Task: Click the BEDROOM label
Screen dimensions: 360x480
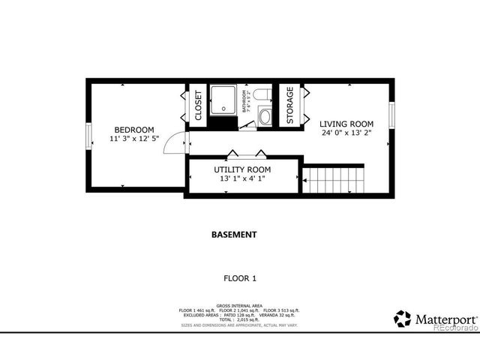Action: pos(134,129)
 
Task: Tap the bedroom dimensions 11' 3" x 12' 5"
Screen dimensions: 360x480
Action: pos(134,139)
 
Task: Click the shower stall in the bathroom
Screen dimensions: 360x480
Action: pos(223,100)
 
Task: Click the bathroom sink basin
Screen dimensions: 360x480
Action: pos(265,116)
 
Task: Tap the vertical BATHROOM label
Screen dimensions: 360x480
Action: pos(244,104)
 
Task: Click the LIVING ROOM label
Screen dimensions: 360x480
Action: pos(346,124)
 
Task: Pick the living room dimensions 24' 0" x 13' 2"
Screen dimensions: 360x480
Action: pos(346,133)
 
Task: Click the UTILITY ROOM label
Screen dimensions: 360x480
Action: pos(242,169)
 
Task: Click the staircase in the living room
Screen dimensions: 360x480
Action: pos(334,180)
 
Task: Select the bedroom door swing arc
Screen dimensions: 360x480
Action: pos(174,141)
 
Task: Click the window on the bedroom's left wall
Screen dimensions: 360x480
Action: pos(88,136)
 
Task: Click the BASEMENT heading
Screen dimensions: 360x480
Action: pos(234,234)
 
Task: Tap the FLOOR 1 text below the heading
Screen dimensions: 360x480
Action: pos(240,278)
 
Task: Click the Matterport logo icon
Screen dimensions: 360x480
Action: pos(403,319)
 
